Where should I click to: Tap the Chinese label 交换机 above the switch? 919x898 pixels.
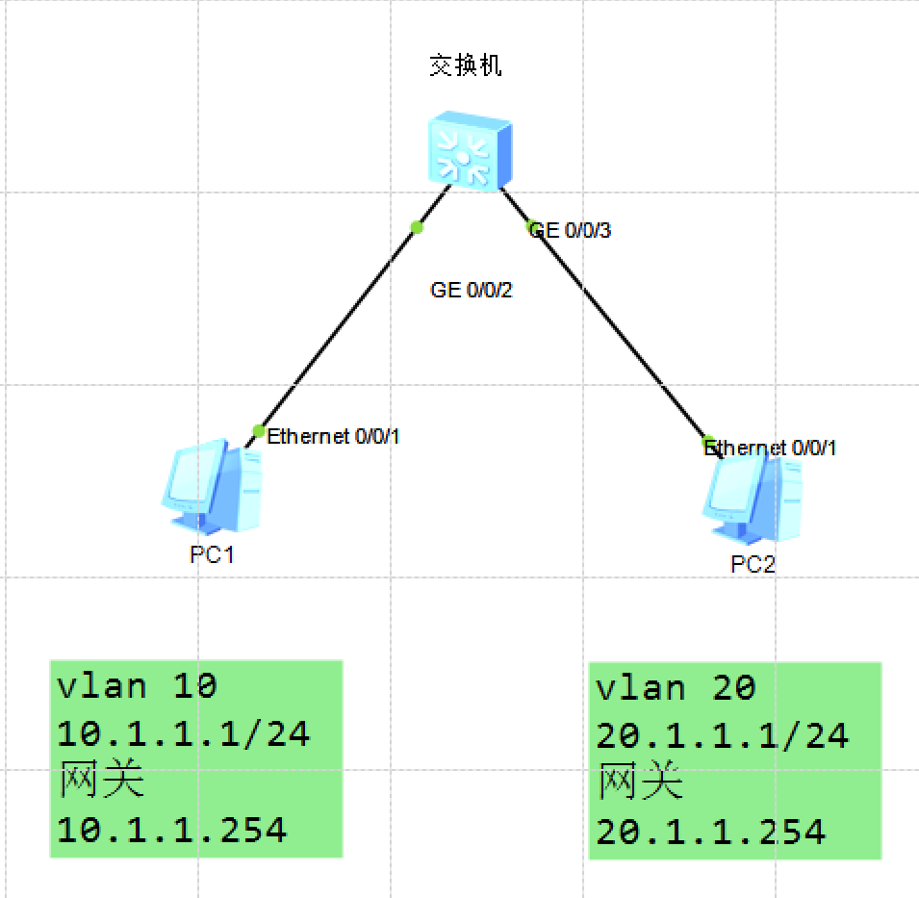pos(465,66)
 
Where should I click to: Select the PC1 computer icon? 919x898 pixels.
pos(212,487)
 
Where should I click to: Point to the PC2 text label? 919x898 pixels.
pos(753,565)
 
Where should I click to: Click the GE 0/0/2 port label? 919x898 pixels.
pos(472,291)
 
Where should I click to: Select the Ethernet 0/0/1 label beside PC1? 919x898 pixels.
pos(333,436)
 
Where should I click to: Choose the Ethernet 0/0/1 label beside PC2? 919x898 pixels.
pos(773,448)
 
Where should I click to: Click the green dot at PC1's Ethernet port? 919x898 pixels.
pos(258,430)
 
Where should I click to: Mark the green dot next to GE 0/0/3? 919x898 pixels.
pos(531,227)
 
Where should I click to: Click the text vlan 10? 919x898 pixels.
pos(138,686)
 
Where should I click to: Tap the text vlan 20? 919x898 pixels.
pos(676,688)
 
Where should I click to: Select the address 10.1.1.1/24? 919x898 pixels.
pos(184,734)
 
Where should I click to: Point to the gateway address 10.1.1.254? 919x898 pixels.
pos(172,829)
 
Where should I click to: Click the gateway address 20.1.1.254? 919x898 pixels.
pos(711,831)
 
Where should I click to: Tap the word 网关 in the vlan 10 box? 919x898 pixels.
pos(101,781)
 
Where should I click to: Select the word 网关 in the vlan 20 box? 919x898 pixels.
pos(640,783)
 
